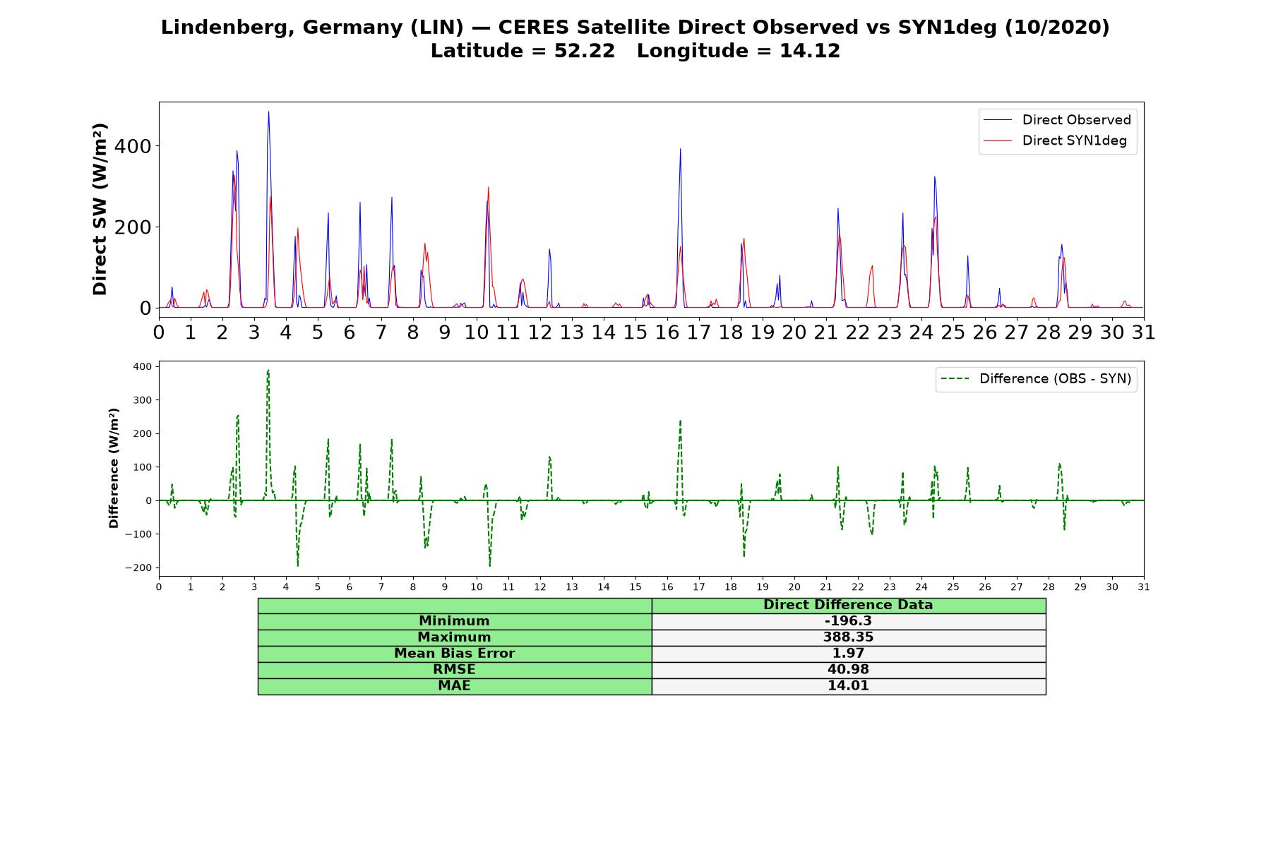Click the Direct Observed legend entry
[x=1057, y=120]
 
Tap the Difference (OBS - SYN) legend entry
[x=1036, y=379]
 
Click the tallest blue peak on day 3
[x=268, y=112]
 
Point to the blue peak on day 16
[x=680, y=149]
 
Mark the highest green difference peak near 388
[x=268, y=370]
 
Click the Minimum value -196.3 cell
[x=848, y=621]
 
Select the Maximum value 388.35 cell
[x=848, y=637]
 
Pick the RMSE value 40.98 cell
[x=848, y=670]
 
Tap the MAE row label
[x=454, y=686]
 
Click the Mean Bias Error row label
[x=454, y=654]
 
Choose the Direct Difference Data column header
[x=848, y=605]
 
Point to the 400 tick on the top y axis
[x=133, y=146]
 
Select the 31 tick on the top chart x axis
[x=1143, y=332]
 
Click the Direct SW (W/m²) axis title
[x=100, y=209]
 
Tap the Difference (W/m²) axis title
[x=114, y=468]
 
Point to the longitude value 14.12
[x=810, y=51]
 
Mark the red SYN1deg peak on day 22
[x=872, y=266]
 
